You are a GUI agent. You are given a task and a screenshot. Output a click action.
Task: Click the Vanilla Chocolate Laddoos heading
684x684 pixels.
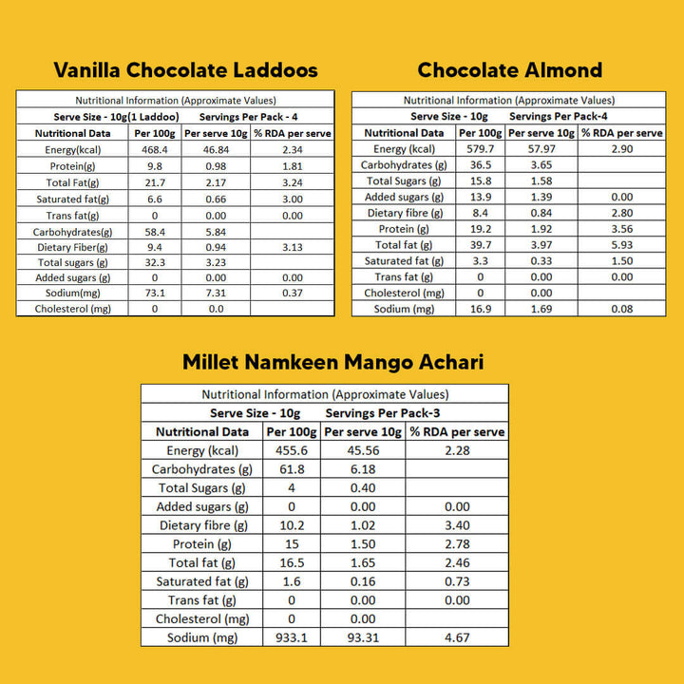(185, 69)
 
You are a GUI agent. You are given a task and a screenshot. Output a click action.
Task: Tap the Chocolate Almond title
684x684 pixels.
(510, 69)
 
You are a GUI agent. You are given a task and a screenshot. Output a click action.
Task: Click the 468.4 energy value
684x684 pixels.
(154, 149)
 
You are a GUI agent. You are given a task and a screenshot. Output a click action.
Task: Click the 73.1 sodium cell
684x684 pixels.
(154, 294)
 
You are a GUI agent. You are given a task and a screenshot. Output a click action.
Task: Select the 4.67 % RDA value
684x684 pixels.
(456, 637)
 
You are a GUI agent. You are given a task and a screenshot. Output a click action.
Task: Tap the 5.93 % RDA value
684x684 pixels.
(622, 245)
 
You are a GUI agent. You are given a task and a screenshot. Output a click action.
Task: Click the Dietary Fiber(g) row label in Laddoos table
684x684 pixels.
(71, 246)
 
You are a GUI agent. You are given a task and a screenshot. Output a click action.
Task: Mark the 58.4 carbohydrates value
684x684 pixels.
(154, 230)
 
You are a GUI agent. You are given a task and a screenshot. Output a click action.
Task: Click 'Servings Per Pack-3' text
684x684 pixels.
(383, 413)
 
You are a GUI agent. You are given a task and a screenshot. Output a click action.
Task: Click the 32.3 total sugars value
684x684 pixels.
(154, 262)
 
